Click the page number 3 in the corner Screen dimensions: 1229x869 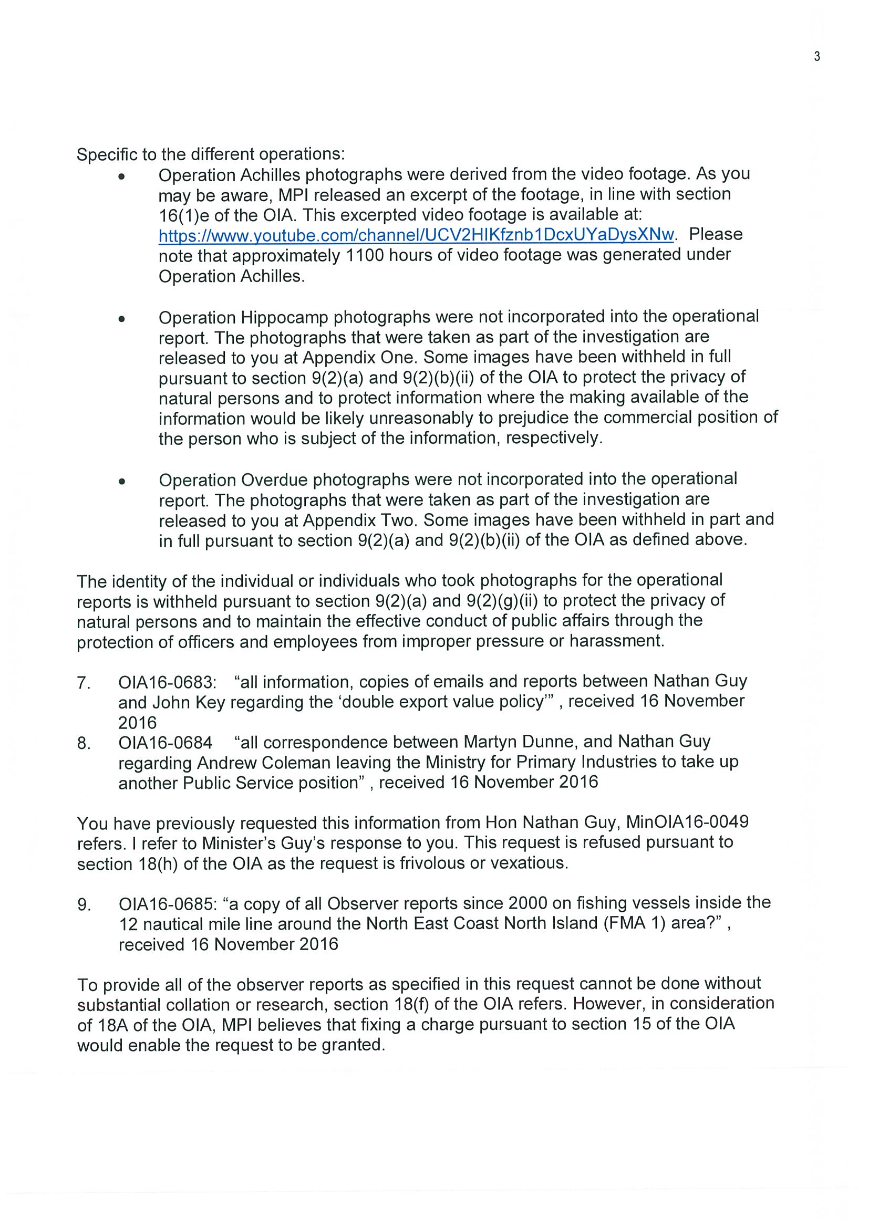tap(816, 57)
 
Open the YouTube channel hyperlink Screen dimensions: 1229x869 tap(416, 235)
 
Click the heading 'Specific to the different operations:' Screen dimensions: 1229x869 tap(211, 154)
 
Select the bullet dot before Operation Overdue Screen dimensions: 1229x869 tap(122, 481)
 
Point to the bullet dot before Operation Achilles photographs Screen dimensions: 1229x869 tap(122, 176)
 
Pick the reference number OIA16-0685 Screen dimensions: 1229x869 tap(170, 904)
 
